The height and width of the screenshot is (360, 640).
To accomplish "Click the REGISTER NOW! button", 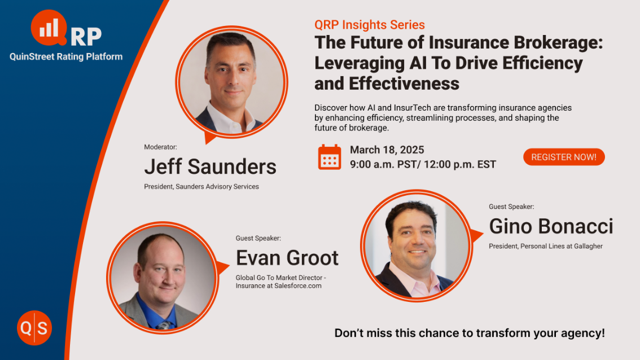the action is click(x=564, y=157).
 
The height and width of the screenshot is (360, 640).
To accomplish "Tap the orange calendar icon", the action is click(x=330, y=157).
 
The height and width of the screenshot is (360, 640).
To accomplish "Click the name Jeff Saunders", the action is click(x=210, y=167).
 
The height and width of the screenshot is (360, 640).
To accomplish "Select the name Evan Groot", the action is click(x=287, y=258).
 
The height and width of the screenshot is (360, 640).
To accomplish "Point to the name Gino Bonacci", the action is click(x=551, y=226).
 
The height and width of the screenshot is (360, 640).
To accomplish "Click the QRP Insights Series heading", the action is click(x=370, y=25).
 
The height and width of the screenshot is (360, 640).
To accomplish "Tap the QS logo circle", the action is click(x=34, y=328).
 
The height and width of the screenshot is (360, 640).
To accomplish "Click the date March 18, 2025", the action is click(x=387, y=150).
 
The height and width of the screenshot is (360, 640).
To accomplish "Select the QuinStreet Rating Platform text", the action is click(x=66, y=57).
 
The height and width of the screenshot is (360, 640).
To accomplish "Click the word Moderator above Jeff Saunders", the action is click(x=160, y=147).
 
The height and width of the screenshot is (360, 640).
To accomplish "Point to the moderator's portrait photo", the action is click(x=232, y=82).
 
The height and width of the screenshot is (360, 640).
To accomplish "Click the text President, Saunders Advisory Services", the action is click(x=201, y=187).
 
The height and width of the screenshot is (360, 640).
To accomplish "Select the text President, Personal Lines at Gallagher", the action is click(x=546, y=246).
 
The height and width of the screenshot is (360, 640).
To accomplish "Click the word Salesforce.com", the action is click(x=298, y=286).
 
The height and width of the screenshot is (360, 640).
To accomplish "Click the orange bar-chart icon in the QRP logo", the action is click(x=49, y=28).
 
